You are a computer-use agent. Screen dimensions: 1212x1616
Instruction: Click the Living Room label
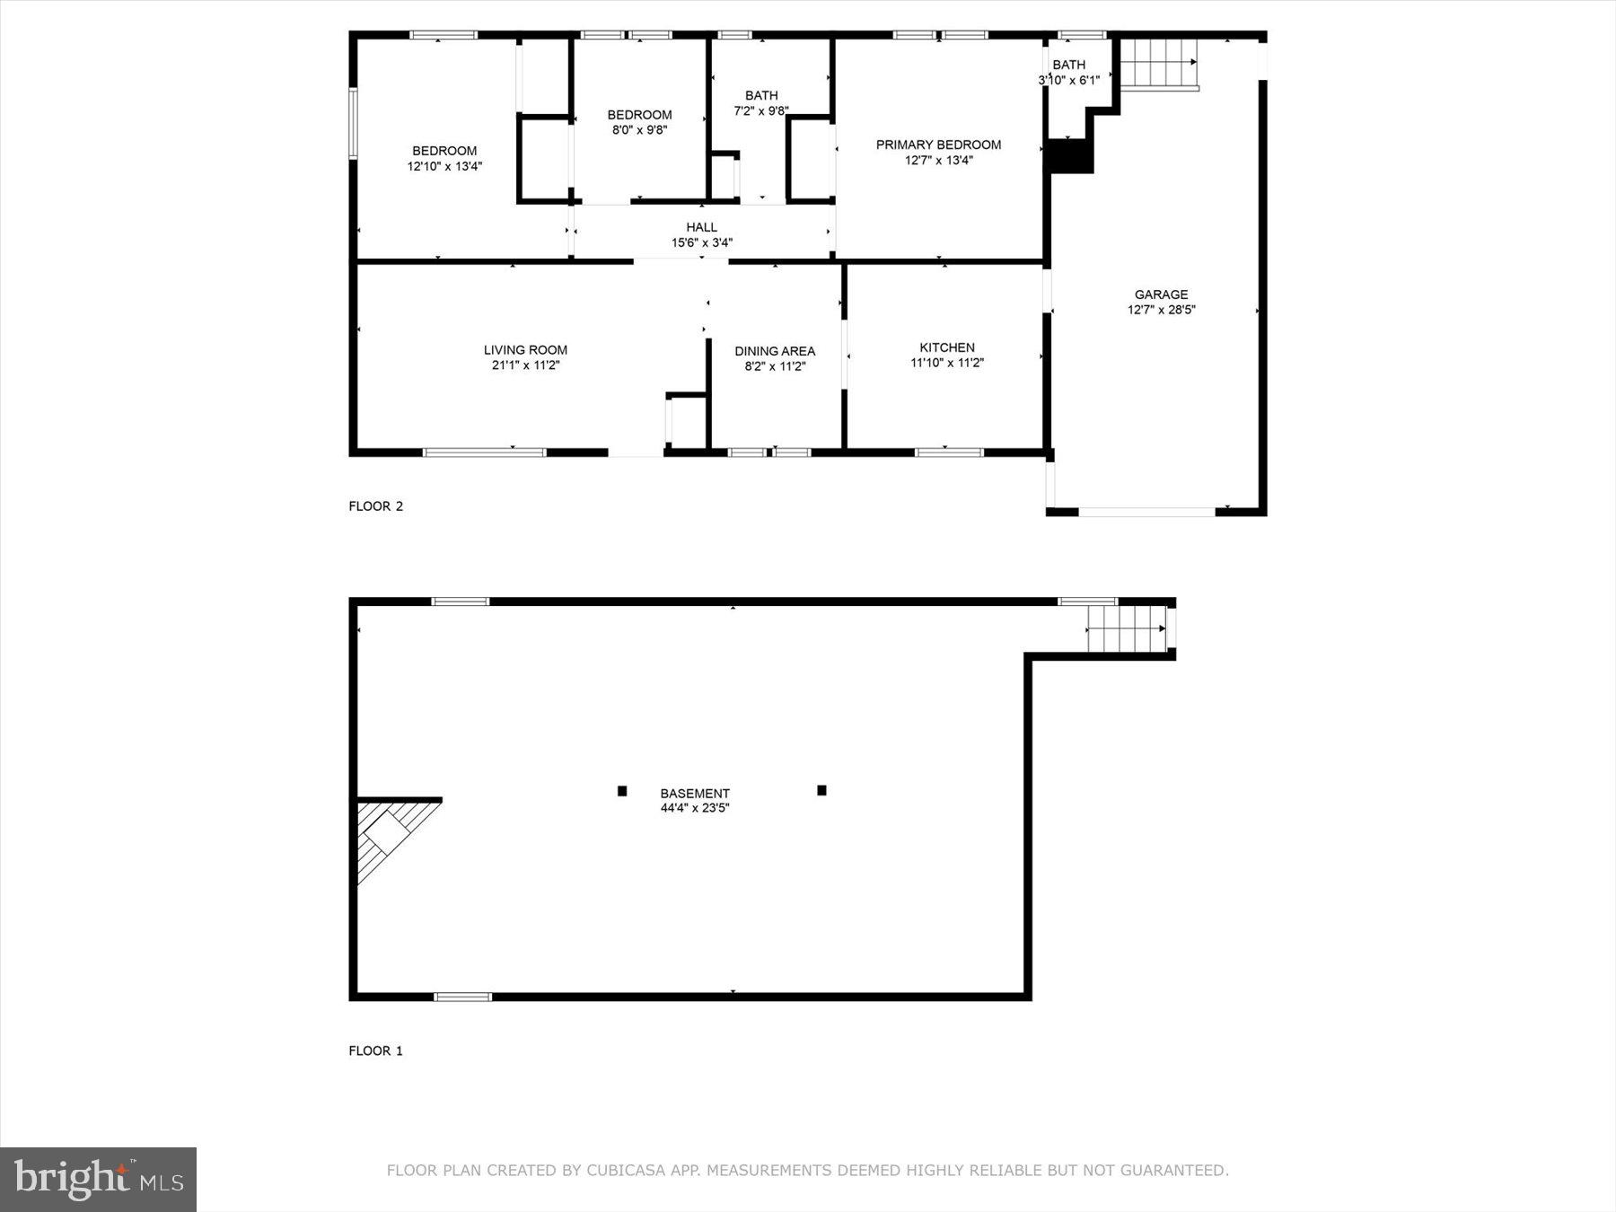pyautogui.click(x=525, y=350)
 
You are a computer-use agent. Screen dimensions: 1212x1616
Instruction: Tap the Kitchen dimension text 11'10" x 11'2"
pyautogui.click(x=947, y=364)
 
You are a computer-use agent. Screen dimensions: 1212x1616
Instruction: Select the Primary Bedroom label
pyautogui.click(x=938, y=145)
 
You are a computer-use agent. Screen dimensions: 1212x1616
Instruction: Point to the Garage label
pyautogui.click(x=1161, y=294)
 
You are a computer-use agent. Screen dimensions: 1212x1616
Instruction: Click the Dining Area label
pyautogui.click(x=775, y=351)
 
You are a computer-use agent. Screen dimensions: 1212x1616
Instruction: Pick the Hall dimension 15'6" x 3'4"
pyautogui.click(x=702, y=242)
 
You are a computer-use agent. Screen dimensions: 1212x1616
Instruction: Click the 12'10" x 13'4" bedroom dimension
pyautogui.click(x=444, y=166)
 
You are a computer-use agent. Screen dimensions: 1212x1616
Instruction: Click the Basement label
pyautogui.click(x=695, y=794)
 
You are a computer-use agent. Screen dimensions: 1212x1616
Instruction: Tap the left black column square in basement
pyautogui.click(x=622, y=791)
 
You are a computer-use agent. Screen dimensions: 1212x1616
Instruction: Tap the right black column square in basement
pyautogui.click(x=821, y=790)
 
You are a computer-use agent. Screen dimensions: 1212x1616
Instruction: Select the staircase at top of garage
pyautogui.click(x=1158, y=63)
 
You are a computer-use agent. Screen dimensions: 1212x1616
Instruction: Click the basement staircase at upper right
pyautogui.click(x=1127, y=628)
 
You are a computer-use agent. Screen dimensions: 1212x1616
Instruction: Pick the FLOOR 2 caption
pyautogui.click(x=375, y=506)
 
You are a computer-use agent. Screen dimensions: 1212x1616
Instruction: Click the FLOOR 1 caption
pyautogui.click(x=375, y=1050)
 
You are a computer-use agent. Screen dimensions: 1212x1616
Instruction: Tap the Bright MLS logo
pyautogui.click(x=98, y=1179)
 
